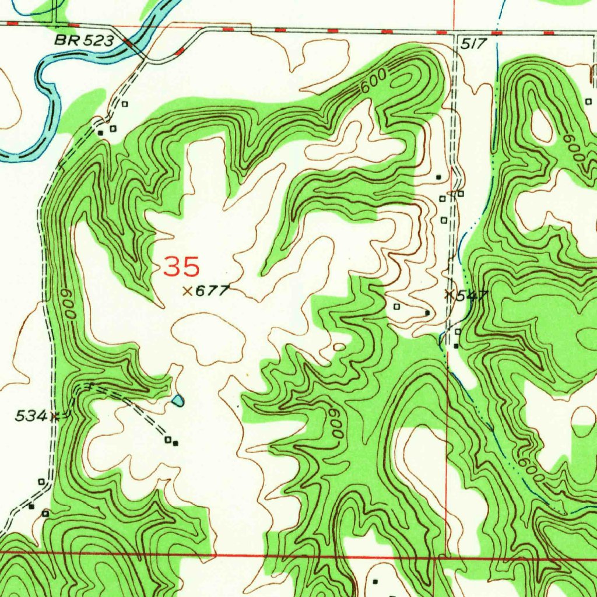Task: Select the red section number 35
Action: coord(181,267)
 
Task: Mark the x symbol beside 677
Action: coord(188,291)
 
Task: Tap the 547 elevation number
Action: coord(472,296)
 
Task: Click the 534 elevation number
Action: coord(30,416)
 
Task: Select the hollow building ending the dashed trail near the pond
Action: coord(168,440)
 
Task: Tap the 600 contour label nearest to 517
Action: coord(373,82)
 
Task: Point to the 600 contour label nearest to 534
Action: coord(69,304)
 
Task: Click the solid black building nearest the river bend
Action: coord(101,133)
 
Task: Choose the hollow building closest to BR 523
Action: coord(124,104)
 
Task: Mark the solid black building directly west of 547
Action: coord(427,313)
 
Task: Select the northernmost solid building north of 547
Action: coord(438,177)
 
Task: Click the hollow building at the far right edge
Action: coord(588,101)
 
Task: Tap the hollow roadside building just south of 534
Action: coord(41,482)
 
